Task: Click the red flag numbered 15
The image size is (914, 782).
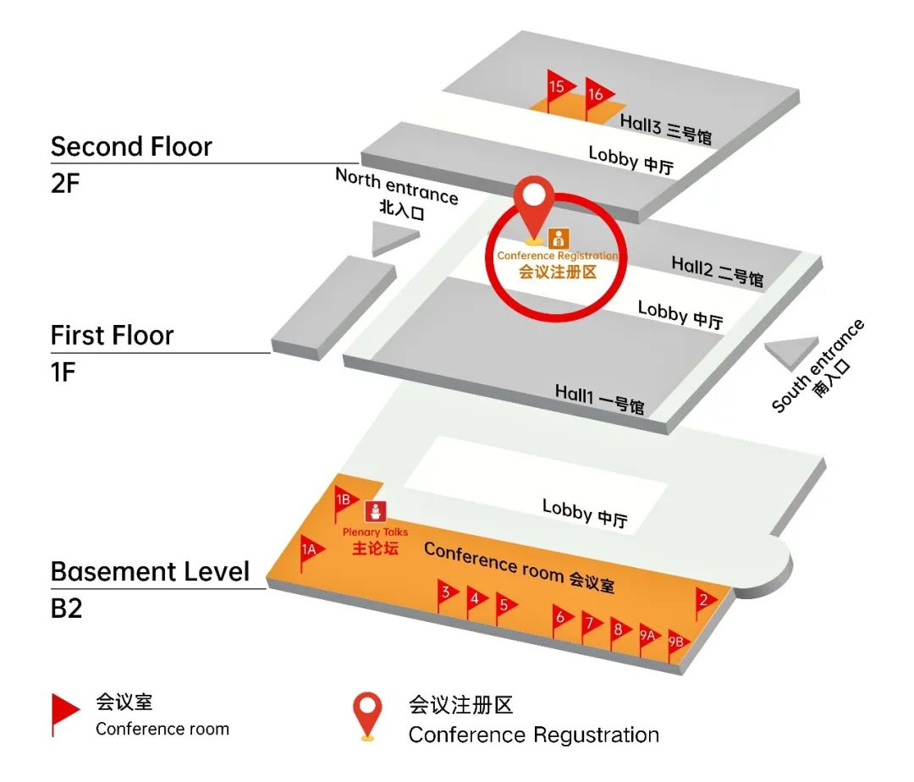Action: tap(558, 86)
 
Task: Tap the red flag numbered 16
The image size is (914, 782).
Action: tap(596, 94)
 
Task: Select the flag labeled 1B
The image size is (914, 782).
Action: tap(344, 499)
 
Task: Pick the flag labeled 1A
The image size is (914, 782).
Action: tap(310, 549)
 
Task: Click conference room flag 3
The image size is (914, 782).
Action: tap(446, 593)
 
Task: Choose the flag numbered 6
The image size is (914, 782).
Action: tap(561, 618)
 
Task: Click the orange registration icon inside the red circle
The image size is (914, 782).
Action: tap(558, 239)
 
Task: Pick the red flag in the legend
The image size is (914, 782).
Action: tap(64, 711)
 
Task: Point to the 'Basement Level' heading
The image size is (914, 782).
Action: tap(150, 571)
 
